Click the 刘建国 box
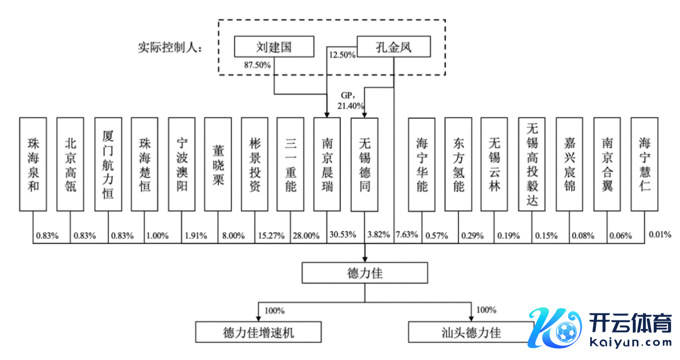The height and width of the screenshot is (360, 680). pyautogui.click(x=273, y=47)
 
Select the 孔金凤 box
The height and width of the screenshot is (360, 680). pyautogui.click(x=393, y=47)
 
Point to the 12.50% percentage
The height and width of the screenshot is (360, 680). pyautogui.click(x=342, y=55)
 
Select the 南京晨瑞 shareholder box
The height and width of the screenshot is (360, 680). pyautogui.click(x=327, y=164)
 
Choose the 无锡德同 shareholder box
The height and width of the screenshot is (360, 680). pyautogui.click(x=364, y=164)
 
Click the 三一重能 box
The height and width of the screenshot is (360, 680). pyautogui.click(x=291, y=164)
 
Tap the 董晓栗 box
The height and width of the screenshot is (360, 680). pyautogui.click(x=218, y=164)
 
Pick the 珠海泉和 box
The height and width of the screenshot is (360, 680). pyautogui.click(x=33, y=164)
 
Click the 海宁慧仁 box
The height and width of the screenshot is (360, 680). pyautogui.click(x=644, y=164)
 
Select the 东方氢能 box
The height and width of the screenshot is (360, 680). pyautogui.click(x=459, y=164)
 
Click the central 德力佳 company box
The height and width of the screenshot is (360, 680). pyautogui.click(x=364, y=273)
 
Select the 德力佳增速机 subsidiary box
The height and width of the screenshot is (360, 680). pyautogui.click(x=258, y=332)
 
